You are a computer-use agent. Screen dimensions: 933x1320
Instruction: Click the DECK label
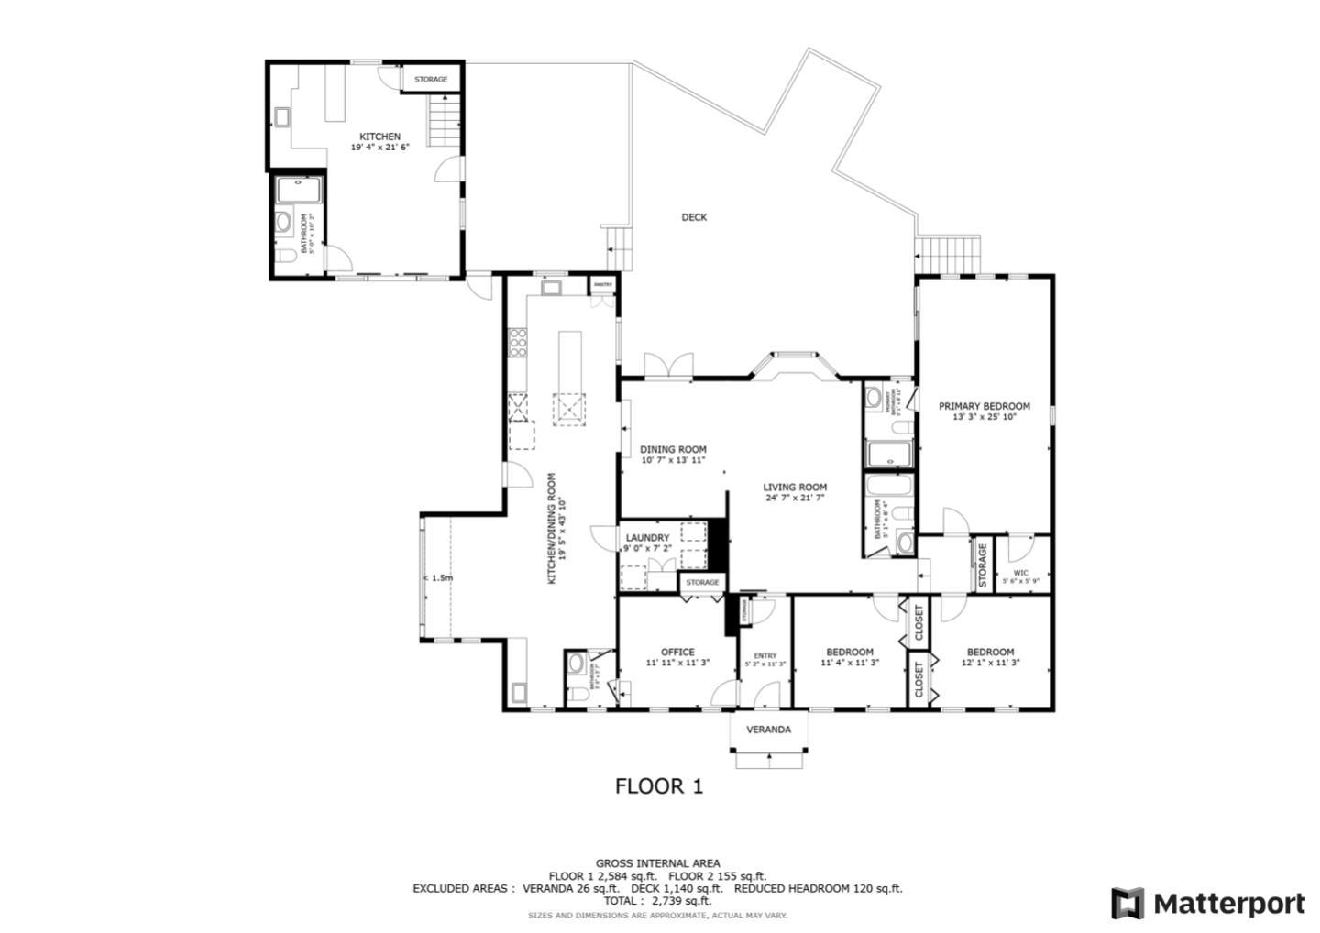(x=694, y=217)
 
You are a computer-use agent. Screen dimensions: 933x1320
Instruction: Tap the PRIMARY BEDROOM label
(x=984, y=406)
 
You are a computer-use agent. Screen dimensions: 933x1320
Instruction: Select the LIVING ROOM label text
(x=796, y=488)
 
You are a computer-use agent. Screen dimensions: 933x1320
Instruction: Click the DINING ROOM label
(x=673, y=449)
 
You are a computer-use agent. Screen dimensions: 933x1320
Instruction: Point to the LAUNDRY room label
(x=647, y=538)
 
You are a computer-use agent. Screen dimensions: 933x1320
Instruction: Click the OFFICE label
(x=677, y=652)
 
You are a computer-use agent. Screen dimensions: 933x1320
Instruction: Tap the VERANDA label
(x=768, y=730)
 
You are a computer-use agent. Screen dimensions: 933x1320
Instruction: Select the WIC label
(x=1020, y=573)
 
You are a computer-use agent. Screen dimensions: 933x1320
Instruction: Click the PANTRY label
(x=602, y=285)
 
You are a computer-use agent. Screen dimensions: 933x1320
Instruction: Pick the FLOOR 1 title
(x=658, y=786)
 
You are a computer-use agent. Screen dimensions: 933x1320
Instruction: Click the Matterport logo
(x=1207, y=904)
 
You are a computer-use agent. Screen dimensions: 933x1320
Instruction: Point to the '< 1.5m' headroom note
(x=438, y=578)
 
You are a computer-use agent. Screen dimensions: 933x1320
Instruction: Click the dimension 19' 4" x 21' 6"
(x=379, y=147)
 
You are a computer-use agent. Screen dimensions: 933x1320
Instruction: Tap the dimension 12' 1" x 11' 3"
(x=990, y=663)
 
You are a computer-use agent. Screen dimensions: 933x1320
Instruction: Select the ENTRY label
(x=764, y=655)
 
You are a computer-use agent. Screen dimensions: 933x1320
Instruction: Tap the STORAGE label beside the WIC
(x=982, y=565)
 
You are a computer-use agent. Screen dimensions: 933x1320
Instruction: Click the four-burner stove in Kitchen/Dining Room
(x=517, y=342)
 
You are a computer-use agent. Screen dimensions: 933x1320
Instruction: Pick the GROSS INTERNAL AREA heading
(x=657, y=863)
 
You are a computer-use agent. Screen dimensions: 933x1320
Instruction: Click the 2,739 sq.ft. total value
(x=680, y=901)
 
